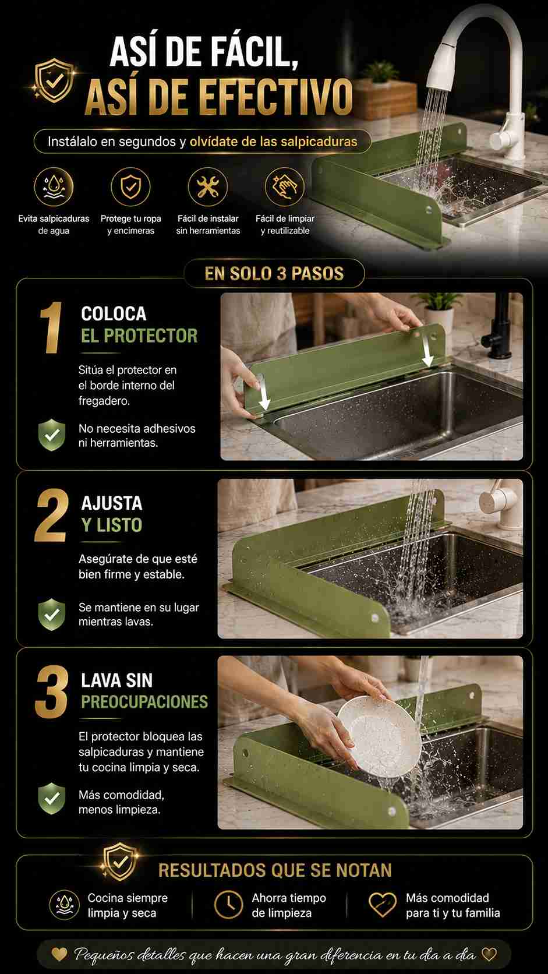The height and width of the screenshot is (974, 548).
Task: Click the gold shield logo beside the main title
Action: pyautogui.click(x=54, y=80)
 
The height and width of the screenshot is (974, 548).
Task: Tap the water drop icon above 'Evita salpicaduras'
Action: pyautogui.click(x=54, y=187)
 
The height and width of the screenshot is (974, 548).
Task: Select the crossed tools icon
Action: pyautogui.click(x=208, y=187)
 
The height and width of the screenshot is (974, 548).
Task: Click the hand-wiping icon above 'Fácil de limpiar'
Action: pyautogui.click(x=285, y=187)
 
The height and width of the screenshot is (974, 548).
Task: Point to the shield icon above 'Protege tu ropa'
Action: pyautogui.click(x=131, y=187)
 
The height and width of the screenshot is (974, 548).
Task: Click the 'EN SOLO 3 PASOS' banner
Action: pyautogui.click(x=274, y=274)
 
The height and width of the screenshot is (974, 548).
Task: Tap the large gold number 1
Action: pyautogui.click(x=51, y=327)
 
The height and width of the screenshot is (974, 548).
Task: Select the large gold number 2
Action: pyautogui.click(x=51, y=516)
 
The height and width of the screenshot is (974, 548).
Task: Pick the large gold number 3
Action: pyautogui.click(x=52, y=691)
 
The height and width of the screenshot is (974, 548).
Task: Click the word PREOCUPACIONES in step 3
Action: pyautogui.click(x=144, y=702)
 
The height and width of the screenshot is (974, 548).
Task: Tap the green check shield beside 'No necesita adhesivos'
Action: pyautogui.click(x=52, y=435)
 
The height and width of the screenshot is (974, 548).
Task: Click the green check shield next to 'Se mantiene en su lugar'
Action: pyautogui.click(x=52, y=614)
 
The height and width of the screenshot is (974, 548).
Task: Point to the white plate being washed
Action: pyautogui.click(x=379, y=736)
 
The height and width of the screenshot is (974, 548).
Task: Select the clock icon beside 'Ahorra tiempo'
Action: pyautogui.click(x=229, y=905)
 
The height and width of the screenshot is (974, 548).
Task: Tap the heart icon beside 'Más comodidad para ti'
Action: pyautogui.click(x=383, y=905)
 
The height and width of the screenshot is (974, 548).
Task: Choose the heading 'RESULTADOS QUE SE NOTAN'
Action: pyautogui.click(x=275, y=870)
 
